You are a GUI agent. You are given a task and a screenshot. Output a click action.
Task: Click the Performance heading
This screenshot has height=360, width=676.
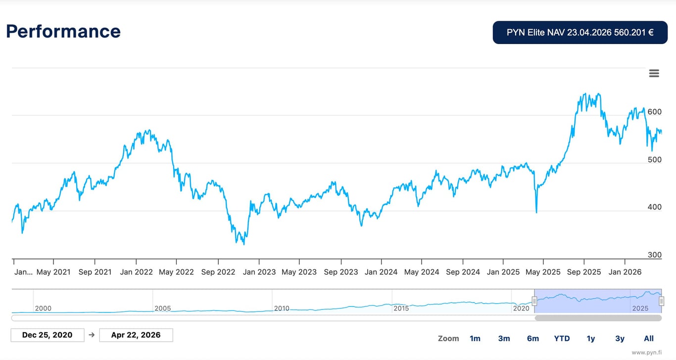63,31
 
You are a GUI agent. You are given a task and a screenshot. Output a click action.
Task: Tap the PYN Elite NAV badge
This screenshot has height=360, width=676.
580,33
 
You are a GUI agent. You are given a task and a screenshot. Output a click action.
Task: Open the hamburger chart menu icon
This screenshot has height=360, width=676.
654,74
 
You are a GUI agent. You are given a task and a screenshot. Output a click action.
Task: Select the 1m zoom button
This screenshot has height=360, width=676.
475,339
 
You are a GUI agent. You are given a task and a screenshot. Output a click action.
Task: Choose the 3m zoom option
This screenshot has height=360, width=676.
504,339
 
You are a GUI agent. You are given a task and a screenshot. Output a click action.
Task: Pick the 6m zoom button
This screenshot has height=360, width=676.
533,339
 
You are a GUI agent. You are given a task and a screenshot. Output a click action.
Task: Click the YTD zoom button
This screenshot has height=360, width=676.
562,339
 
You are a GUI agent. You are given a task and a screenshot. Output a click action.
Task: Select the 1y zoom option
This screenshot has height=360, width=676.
591,339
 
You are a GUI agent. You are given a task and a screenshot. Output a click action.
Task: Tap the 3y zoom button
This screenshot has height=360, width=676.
620,339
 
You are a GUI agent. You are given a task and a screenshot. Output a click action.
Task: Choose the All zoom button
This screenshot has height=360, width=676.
649,339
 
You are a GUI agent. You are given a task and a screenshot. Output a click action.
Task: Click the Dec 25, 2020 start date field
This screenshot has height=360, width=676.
48,335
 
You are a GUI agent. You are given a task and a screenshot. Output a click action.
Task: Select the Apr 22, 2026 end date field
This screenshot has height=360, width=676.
136,335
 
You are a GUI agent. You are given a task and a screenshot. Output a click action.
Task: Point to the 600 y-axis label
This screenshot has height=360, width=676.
654,112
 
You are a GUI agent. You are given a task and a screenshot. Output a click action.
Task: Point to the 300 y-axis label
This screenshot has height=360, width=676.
654,255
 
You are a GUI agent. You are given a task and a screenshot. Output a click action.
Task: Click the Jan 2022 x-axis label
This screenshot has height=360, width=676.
136,272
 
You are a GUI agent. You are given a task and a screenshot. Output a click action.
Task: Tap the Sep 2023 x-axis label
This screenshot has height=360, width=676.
341,272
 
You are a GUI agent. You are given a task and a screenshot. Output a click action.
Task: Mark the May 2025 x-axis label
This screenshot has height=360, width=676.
543,272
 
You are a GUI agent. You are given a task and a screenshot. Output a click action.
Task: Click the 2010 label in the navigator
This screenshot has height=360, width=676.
282,309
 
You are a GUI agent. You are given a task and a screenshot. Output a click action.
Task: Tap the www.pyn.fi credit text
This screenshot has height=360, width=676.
646,353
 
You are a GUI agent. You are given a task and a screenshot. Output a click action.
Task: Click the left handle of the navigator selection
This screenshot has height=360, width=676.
534,301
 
